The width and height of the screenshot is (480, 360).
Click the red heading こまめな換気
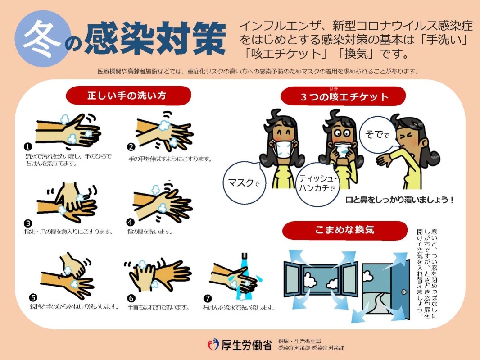click(x=344, y=230)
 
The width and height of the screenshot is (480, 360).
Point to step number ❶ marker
click(x=28, y=147)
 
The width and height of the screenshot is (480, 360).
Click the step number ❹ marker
click(x=131, y=222)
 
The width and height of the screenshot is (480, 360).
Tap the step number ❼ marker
click(x=207, y=298)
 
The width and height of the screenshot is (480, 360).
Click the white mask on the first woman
click(x=284, y=149)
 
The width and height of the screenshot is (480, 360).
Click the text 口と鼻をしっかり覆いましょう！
click(x=399, y=200)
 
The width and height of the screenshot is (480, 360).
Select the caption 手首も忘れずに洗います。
click(x=158, y=307)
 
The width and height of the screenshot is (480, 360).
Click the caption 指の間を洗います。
click(x=150, y=232)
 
